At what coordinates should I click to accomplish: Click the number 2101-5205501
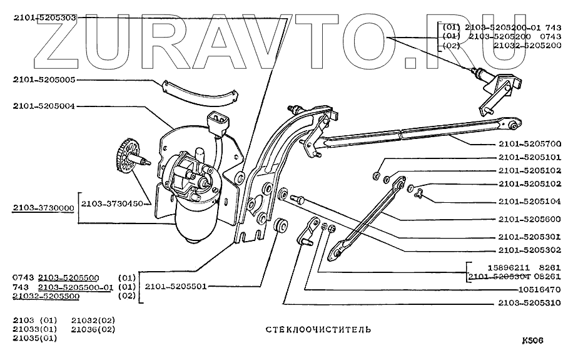pyautogui.click(x=176, y=286)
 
